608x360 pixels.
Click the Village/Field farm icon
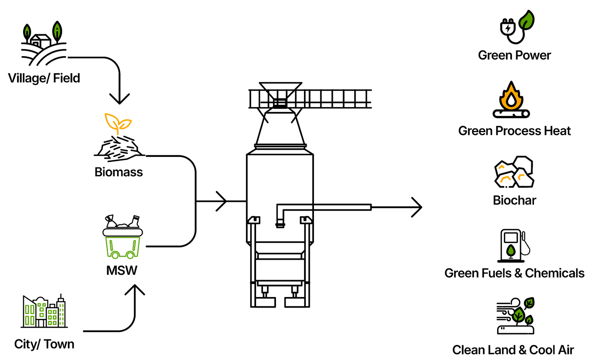43,44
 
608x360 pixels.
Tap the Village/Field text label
43,78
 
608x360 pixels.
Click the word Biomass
119,172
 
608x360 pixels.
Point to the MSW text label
122,271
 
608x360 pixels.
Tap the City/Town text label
44,344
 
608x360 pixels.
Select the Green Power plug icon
517,27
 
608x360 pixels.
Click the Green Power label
515,55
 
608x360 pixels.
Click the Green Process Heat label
515,131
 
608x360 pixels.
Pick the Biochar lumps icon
514,172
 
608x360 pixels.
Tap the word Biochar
515,200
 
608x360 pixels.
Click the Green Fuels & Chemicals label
515,273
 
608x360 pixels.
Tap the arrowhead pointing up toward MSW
135,291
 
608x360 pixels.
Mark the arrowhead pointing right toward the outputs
417,207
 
